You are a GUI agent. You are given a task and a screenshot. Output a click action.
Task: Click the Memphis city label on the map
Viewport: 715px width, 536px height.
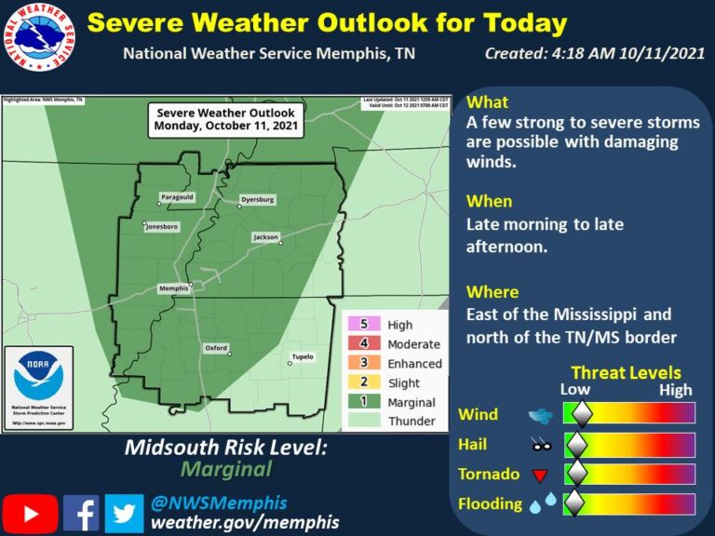[x=173, y=289]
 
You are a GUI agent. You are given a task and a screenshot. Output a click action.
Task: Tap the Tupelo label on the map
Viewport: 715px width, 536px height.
[x=303, y=356]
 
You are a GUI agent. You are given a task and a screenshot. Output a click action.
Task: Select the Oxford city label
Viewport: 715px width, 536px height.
[x=216, y=348]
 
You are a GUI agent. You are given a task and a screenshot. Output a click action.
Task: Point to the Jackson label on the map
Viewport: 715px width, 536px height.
[x=265, y=238]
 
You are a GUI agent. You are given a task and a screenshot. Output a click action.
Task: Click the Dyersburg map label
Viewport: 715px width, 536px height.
[x=257, y=199]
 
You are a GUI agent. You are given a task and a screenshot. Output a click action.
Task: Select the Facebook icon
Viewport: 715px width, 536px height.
[x=81, y=513]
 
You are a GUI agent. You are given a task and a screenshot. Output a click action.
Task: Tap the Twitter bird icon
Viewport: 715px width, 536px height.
[x=124, y=513]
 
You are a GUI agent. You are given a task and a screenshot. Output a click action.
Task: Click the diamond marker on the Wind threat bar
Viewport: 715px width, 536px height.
[x=581, y=414]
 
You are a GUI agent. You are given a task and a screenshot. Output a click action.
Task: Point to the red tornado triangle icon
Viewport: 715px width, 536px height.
[x=538, y=476]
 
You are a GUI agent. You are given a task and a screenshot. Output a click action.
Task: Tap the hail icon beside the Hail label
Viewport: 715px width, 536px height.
[x=539, y=446]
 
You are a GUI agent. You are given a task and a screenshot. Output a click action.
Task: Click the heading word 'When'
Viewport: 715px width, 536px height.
[x=489, y=201]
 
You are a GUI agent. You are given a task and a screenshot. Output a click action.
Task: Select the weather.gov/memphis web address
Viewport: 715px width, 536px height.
[x=245, y=522]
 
